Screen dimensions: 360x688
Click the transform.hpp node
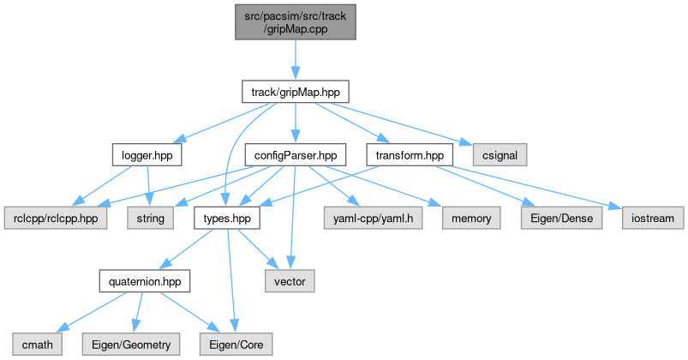[409, 155]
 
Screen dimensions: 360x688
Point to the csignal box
[500, 155]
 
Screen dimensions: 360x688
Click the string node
[150, 218]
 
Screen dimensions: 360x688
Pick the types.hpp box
[226, 218]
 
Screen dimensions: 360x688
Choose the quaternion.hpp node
[141, 280]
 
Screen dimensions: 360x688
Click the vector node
[290, 280]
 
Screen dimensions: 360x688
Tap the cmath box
[36, 344]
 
